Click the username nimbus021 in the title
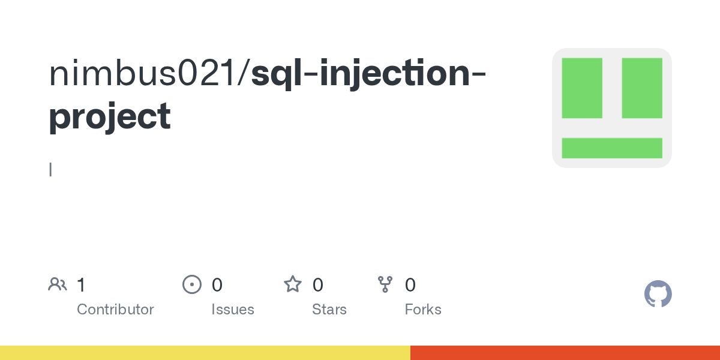(145, 73)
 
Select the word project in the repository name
(109, 117)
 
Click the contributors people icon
(58, 284)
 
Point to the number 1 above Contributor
(82, 284)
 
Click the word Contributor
(115, 310)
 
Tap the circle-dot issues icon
(192, 284)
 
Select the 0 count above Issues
(217, 284)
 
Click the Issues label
(233, 310)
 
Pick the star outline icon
(293, 284)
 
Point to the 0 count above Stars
(318, 284)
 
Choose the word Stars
(329, 310)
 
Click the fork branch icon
(385, 284)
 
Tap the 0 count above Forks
(410, 284)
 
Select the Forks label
(423, 310)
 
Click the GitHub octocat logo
(658, 294)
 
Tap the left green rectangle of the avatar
(582, 88)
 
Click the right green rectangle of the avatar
(642, 88)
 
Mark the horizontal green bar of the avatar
(612, 148)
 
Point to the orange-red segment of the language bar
(565, 353)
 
